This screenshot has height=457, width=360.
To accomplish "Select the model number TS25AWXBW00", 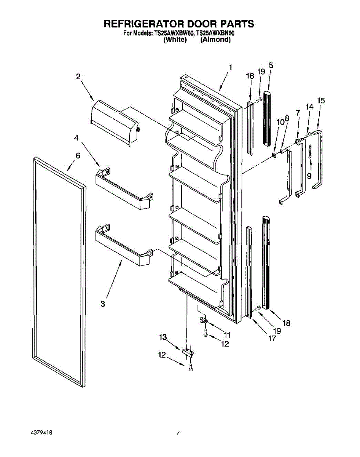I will (x=174, y=34).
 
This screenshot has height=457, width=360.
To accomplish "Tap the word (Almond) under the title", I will (x=215, y=40).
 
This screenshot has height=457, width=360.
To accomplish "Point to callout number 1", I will (x=230, y=68).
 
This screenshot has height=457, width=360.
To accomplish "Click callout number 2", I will (x=78, y=77).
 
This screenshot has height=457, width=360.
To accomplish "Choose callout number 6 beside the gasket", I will (x=78, y=155).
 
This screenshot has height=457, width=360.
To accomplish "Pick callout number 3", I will (x=102, y=304).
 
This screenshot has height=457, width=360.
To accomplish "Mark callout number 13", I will (x=163, y=337).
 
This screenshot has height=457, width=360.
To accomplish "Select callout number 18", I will (x=286, y=323).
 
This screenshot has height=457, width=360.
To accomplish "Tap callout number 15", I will (x=321, y=101).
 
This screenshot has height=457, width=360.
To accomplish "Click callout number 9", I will (x=309, y=176).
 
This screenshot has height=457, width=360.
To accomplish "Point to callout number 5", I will (x=271, y=65).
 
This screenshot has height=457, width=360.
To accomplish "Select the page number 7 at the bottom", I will (x=178, y=433).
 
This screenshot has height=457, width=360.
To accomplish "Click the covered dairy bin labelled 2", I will (x=113, y=123).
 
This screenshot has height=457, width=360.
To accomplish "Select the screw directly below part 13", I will (x=191, y=368).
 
